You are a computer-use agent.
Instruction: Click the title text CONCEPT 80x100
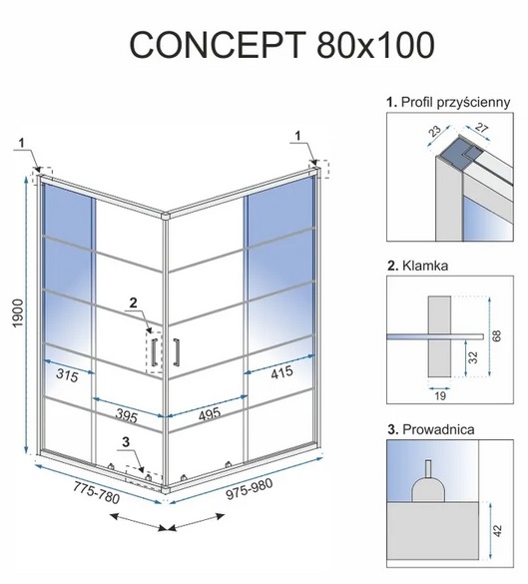281,45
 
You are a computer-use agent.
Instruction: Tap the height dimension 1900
18,313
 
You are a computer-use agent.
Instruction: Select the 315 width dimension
68,375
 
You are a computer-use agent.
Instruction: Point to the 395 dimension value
126,415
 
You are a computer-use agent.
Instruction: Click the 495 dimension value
210,414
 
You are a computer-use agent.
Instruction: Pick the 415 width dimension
281,372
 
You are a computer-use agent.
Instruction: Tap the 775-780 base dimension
96,493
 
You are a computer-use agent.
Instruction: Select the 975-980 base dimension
250,488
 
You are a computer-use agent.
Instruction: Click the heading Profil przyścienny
448,103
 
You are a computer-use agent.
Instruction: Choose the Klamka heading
418,266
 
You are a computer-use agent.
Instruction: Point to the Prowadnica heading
431,429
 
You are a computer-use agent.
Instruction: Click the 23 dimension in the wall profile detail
434,131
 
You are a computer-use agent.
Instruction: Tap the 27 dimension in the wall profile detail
481,128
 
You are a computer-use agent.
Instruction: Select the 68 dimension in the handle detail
497,335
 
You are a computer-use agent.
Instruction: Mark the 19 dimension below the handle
440,395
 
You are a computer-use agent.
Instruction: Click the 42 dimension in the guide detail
497,530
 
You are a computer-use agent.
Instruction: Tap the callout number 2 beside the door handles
133,302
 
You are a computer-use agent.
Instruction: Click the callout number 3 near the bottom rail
126,442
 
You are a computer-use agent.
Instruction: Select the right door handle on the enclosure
176,352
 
